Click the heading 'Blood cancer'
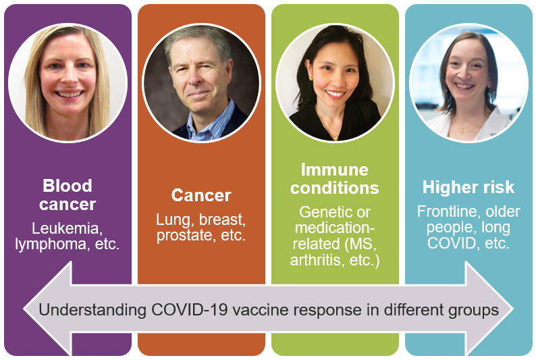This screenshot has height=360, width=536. (68, 195)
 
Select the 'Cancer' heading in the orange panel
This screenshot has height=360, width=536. (201, 196)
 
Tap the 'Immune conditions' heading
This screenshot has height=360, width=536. (335, 178)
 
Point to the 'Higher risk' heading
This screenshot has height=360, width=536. (468, 187)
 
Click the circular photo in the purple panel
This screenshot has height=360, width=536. (68, 83)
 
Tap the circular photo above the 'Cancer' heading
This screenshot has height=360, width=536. (201, 83)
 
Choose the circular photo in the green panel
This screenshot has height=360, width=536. (335, 83)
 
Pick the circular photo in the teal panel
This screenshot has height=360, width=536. (468, 83)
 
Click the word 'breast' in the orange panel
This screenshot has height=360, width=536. (223, 220)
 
